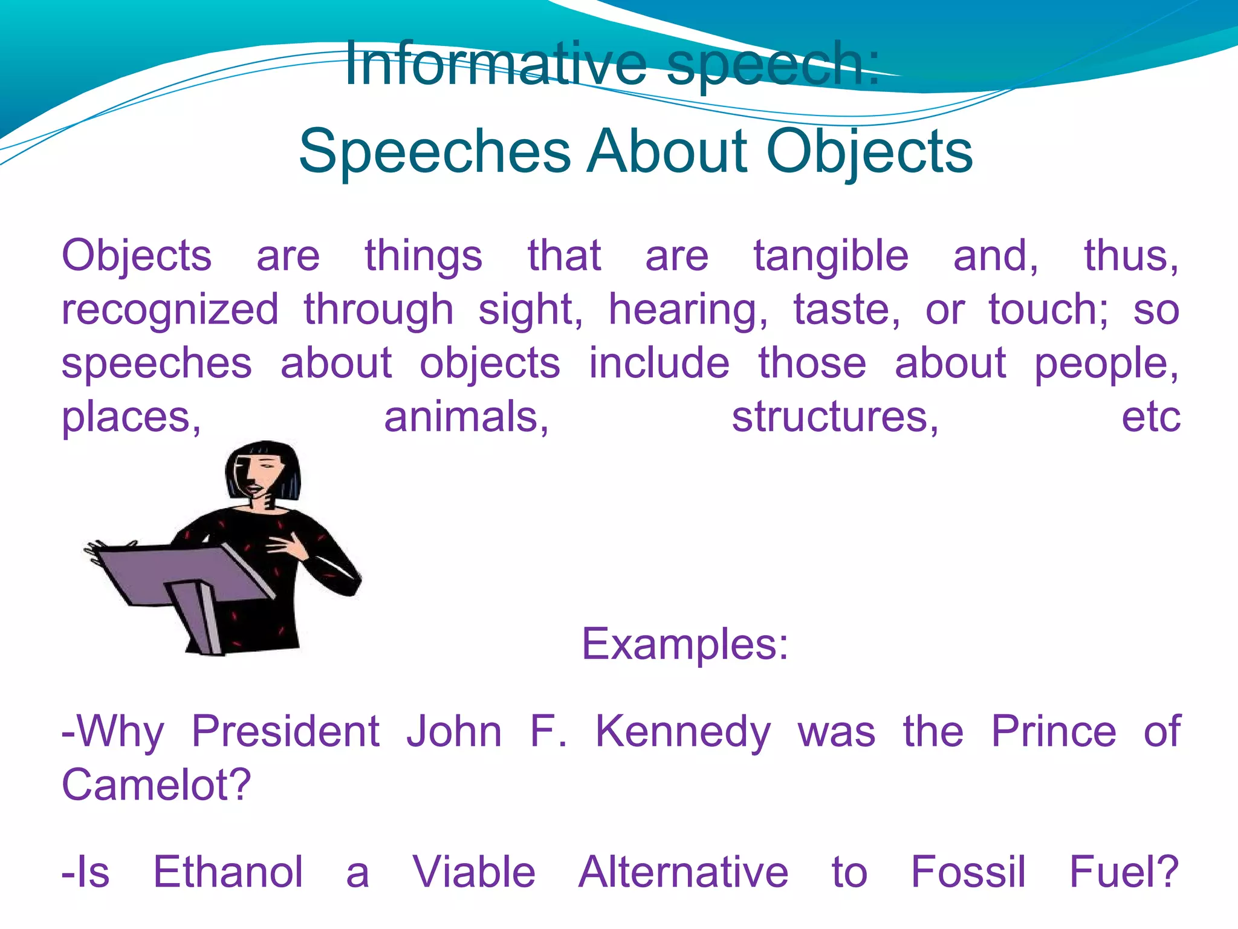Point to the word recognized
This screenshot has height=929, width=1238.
click(170, 310)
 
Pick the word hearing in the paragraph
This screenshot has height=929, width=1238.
click(688, 310)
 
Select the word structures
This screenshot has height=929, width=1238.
click(835, 417)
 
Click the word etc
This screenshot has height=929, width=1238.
click(1150, 417)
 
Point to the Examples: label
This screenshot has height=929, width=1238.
click(685, 644)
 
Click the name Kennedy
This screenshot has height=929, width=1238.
click(683, 732)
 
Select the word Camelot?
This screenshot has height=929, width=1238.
click(156, 785)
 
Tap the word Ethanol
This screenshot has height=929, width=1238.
click(228, 872)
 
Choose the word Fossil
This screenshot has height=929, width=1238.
click(968, 872)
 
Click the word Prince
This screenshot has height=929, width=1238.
click(1054, 732)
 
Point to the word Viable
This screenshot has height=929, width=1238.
click(474, 872)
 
